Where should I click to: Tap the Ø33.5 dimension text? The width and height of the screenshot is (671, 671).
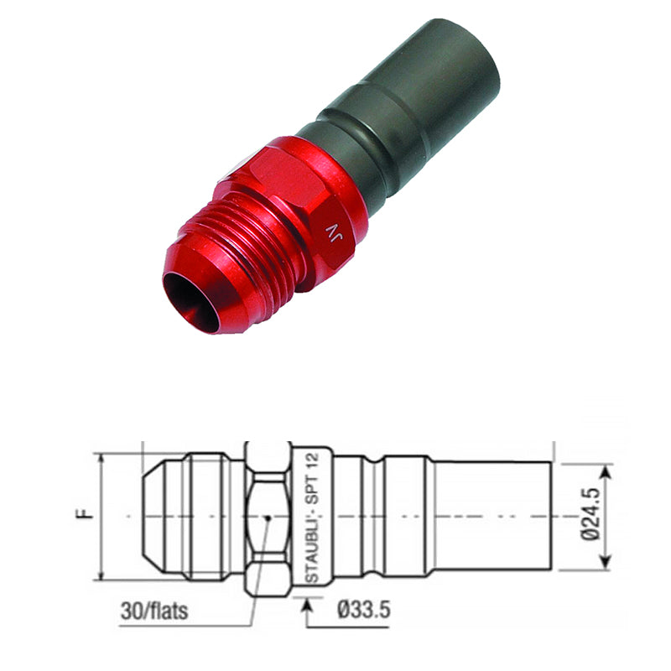364,610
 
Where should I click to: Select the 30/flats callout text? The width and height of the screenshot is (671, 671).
154,611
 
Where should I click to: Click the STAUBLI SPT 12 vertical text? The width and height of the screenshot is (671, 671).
313,517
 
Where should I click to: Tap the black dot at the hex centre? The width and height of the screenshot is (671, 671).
268,518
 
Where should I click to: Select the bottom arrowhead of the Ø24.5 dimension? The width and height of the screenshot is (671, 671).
606,560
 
